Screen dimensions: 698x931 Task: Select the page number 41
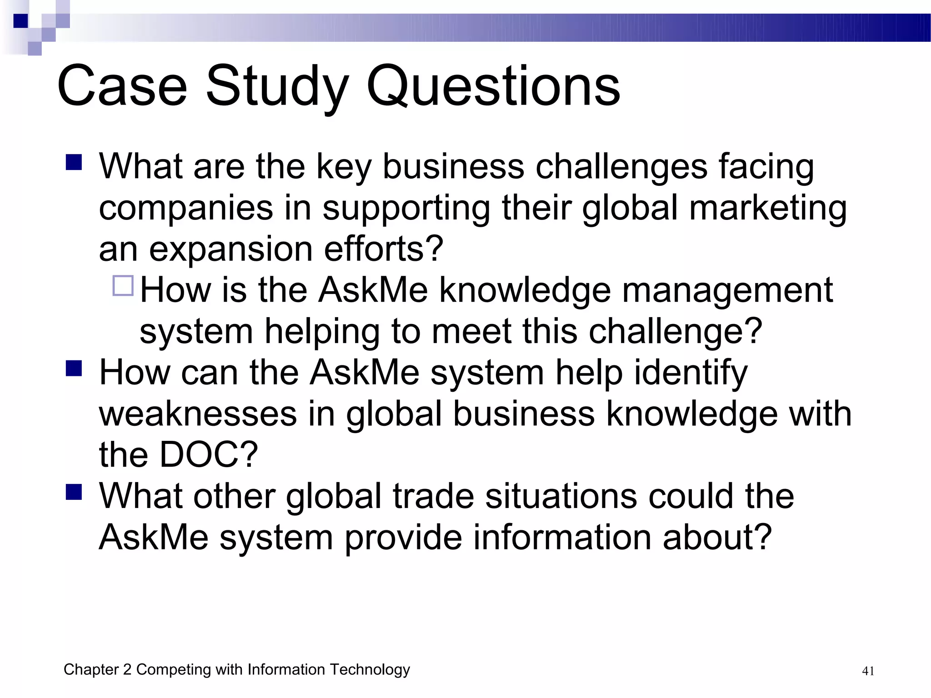(x=868, y=671)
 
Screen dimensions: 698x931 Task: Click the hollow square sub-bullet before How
(x=123, y=286)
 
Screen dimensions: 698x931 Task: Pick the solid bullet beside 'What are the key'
(x=74, y=162)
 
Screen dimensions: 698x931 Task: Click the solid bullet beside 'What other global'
(x=74, y=492)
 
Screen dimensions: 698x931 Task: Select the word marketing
(x=768, y=208)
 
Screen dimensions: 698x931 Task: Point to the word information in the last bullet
(x=562, y=537)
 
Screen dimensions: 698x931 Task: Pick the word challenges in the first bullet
(x=621, y=166)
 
